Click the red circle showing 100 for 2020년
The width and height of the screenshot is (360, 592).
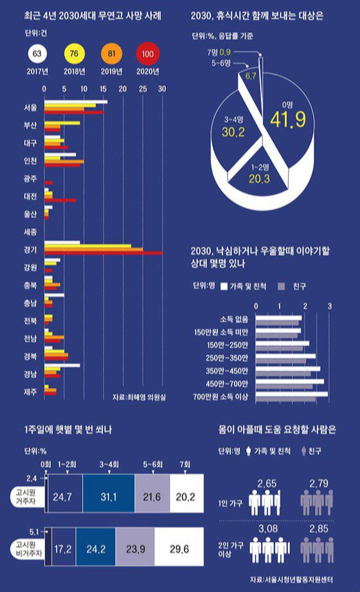[148, 54]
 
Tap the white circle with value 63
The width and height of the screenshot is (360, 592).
[37, 53]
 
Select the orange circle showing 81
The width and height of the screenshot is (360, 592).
[111, 53]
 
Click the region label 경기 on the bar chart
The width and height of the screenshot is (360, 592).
[30, 249]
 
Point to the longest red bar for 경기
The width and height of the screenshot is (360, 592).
[103, 253]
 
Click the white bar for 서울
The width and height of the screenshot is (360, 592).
[76, 102]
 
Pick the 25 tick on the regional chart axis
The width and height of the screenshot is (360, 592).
[143, 89]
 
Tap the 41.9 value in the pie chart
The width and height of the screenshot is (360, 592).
[288, 120]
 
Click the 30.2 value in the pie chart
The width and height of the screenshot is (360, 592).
[233, 132]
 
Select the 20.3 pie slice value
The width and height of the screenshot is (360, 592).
[259, 179]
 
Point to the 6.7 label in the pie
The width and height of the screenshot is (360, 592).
[251, 76]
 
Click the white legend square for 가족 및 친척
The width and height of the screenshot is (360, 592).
[224, 287]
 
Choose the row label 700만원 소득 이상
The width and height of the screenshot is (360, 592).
[221, 397]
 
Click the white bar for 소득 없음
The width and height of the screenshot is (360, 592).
[278, 318]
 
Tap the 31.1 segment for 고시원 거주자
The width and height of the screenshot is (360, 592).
[109, 497]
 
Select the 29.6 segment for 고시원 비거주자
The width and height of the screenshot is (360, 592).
[179, 548]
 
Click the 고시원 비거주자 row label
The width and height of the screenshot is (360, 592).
[26, 549]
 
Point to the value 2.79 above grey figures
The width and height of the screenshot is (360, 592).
[319, 483]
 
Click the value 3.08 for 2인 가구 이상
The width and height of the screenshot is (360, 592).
[268, 528]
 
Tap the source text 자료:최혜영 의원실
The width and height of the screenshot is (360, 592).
[139, 397]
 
